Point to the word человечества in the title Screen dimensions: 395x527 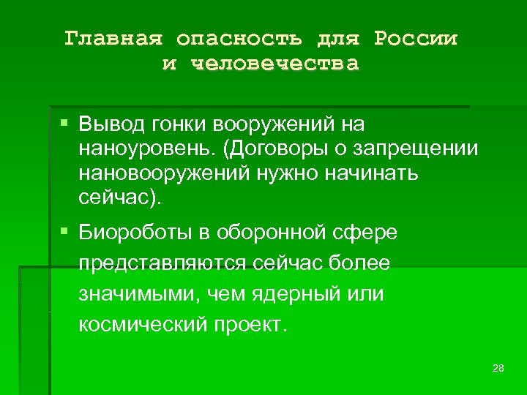[275, 64]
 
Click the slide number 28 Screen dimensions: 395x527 [498, 367]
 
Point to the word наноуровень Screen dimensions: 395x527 [146, 149]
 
